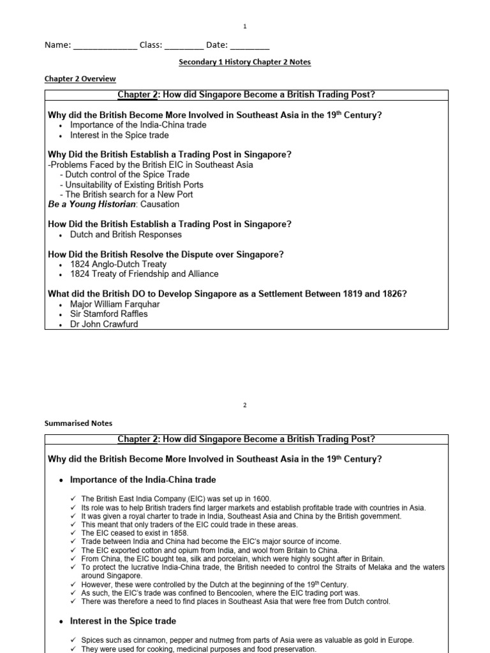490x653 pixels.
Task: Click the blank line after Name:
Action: (105, 46)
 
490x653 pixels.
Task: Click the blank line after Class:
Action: (184, 46)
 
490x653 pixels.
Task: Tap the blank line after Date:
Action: (249, 46)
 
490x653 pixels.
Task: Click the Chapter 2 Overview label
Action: (80, 78)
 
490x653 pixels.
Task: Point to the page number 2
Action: (244, 404)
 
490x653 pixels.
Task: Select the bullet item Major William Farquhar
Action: (115, 304)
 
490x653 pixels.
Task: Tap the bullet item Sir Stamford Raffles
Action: (108, 314)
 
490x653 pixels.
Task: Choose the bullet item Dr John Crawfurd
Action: (104, 324)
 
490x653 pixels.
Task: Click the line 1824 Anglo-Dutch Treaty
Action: (118, 264)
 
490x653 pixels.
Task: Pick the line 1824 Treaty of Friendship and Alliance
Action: (144, 274)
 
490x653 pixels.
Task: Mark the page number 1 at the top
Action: (244, 26)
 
